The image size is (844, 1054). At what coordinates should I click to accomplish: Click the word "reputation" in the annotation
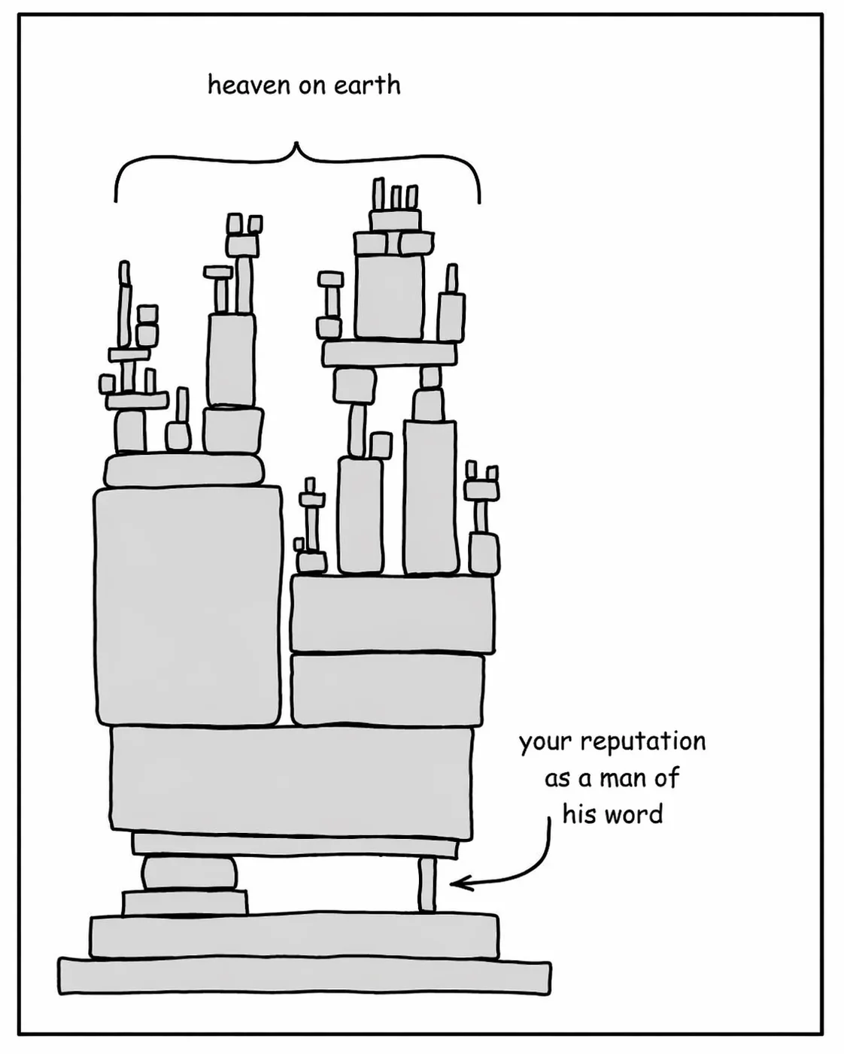[x=643, y=742]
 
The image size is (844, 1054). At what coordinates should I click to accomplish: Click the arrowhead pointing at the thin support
[x=458, y=883]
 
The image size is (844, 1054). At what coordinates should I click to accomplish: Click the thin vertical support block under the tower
[x=427, y=885]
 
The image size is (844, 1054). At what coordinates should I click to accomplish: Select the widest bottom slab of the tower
[x=304, y=977]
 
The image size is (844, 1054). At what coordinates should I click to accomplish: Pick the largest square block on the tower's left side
[x=188, y=606]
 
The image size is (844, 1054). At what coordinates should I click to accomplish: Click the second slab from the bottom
[x=293, y=936]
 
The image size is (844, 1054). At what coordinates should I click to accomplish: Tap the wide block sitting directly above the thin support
[x=292, y=782]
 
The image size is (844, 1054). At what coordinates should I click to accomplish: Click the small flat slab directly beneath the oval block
[x=185, y=903]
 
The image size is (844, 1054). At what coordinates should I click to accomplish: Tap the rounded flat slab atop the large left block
[x=184, y=471]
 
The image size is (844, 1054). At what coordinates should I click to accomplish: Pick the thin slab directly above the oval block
[x=295, y=845]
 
